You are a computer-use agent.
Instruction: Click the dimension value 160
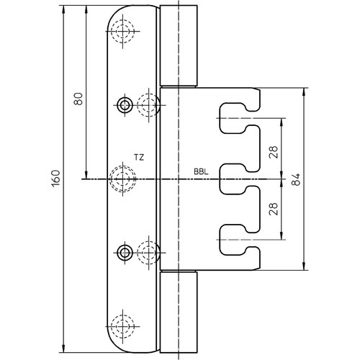55,179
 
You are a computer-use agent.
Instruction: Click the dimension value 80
78,99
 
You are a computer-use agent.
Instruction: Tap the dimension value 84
296,179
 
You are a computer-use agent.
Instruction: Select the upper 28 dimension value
274,152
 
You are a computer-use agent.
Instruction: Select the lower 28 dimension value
274,209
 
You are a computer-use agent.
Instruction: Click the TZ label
139,158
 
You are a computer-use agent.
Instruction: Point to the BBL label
201,172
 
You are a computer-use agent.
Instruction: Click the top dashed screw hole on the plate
122,31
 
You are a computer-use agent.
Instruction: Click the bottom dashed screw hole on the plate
122,327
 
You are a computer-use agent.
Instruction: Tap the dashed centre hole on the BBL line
122,179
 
